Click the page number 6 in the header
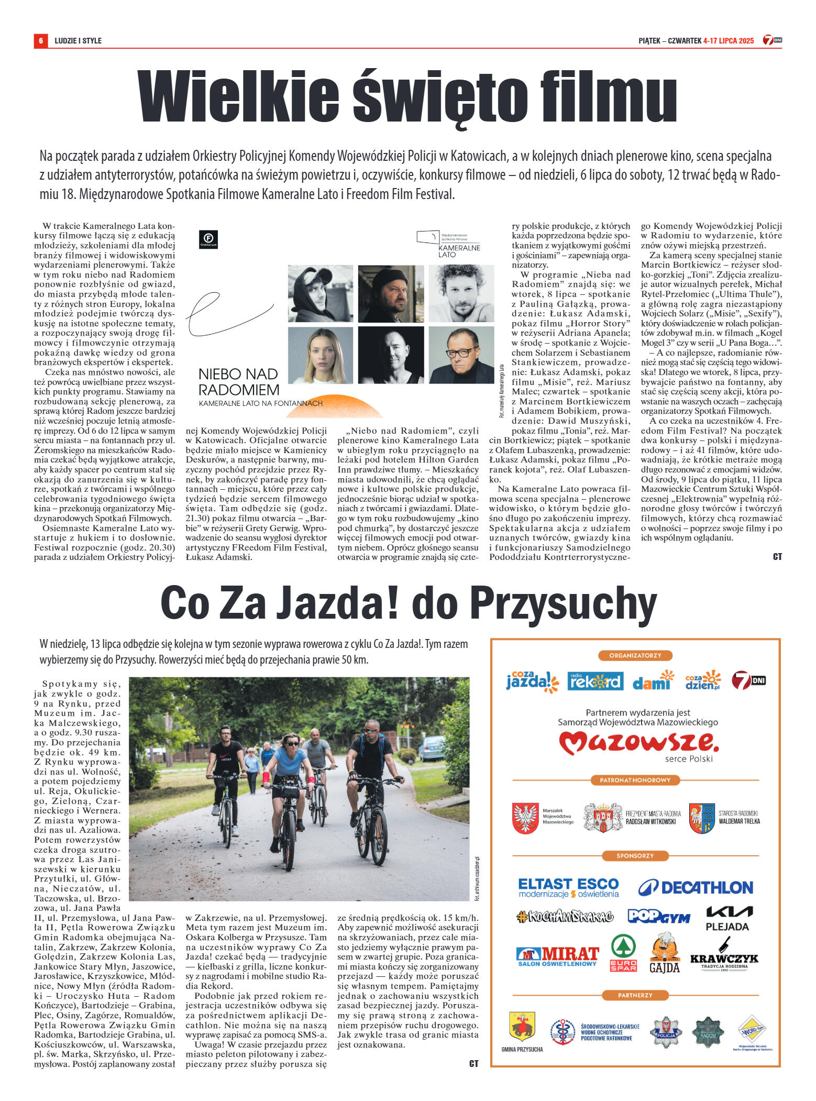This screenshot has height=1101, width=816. coord(40,40)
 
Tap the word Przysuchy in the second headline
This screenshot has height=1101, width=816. coord(563,603)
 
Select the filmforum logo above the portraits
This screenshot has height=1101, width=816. coord(208,239)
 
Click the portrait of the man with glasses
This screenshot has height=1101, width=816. coord(461,355)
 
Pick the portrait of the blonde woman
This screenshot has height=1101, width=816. coord(320,355)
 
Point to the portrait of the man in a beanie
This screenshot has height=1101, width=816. coord(391,293)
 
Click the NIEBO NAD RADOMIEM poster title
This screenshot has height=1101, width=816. coord(238,382)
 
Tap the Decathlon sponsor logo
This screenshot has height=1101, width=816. coord(696,887)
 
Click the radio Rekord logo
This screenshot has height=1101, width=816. coord(595,681)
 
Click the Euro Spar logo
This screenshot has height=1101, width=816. coord(623,953)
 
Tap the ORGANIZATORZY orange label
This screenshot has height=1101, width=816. coord(635,655)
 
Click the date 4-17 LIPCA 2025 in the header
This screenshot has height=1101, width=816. coord(729,40)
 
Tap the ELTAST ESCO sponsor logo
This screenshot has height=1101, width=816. coord(568,887)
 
